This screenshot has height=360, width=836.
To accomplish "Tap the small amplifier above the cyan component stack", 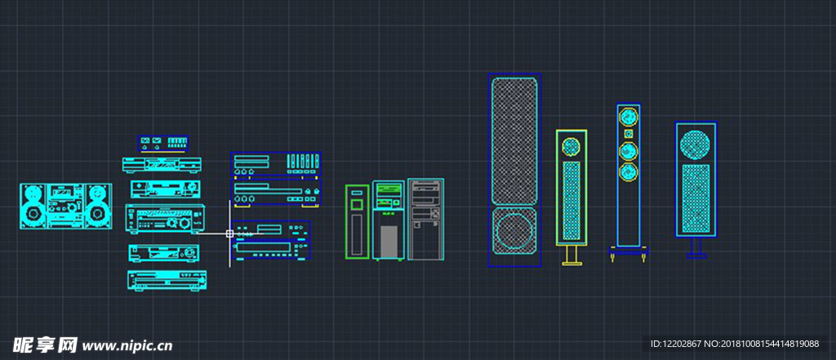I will [x=163, y=143].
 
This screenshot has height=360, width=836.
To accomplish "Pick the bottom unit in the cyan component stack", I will [x=166, y=280].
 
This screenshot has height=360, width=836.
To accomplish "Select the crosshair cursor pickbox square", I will [x=230, y=233].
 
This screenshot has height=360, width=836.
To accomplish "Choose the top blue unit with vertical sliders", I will [x=275, y=163].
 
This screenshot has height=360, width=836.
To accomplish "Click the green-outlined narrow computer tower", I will [x=357, y=221].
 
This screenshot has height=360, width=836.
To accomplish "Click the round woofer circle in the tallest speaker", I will [x=514, y=230].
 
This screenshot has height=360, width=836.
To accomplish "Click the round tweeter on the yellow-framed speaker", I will [x=571, y=147].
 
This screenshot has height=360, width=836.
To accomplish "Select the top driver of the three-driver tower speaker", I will [x=628, y=115].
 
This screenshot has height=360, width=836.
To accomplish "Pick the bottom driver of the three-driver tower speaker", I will [x=628, y=172].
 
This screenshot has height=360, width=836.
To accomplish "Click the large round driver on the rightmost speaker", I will [x=695, y=143].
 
